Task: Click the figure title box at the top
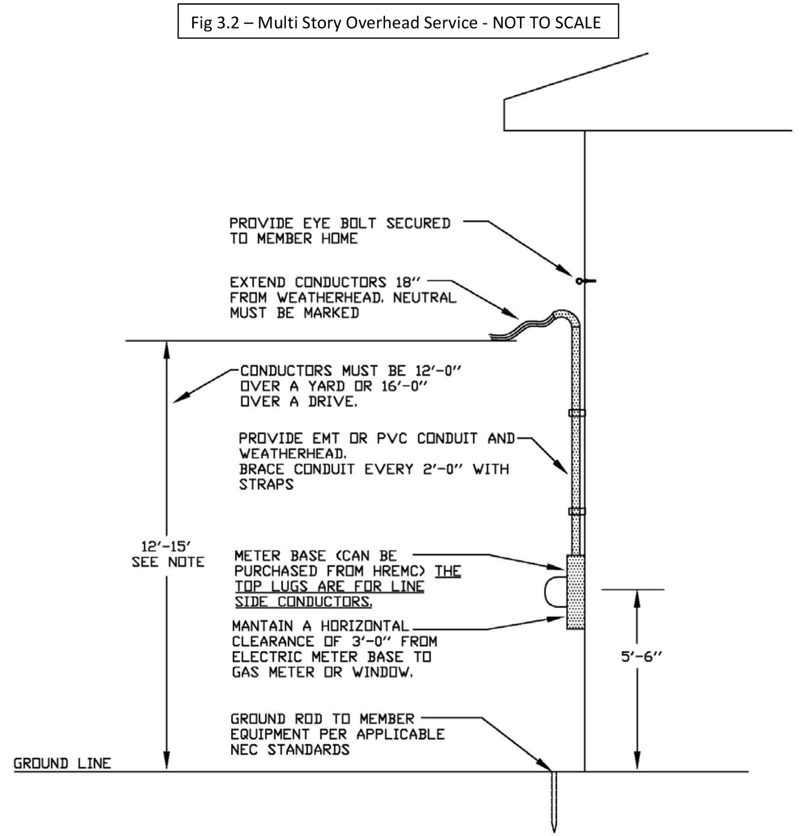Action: (398, 22)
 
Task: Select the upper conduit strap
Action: (577, 413)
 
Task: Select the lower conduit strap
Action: (577, 511)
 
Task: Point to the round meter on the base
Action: (556, 592)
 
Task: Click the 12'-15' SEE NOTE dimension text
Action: (167, 554)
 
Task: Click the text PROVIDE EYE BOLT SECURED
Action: (339, 223)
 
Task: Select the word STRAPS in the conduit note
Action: (266, 484)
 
